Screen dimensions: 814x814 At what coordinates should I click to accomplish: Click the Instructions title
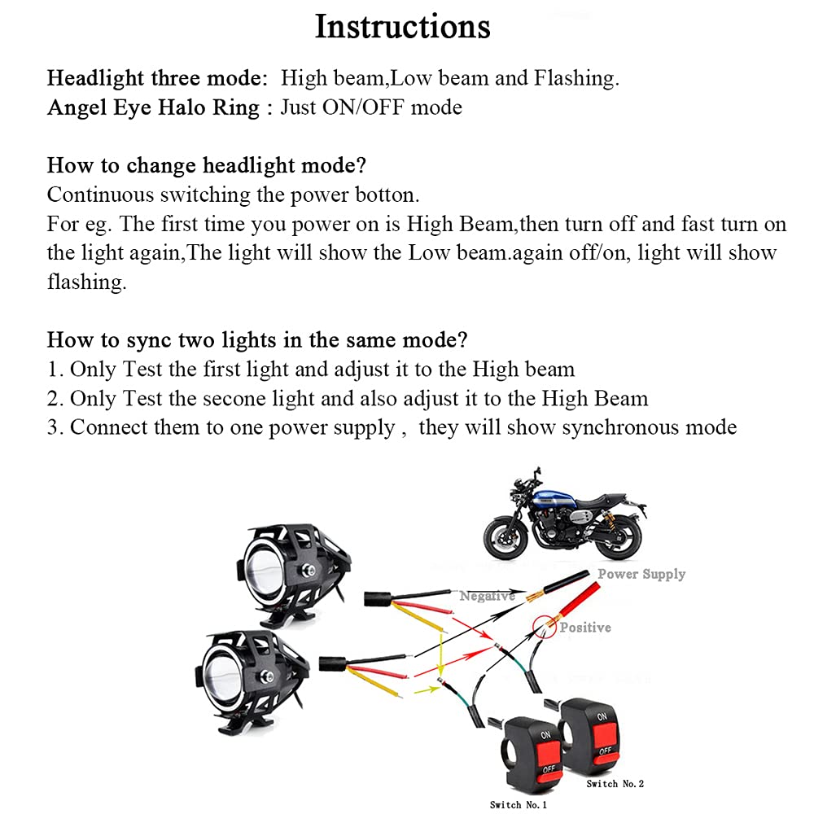402,27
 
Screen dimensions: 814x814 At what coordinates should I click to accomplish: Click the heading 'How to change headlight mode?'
207,165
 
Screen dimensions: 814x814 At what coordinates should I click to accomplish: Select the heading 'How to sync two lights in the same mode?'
257,339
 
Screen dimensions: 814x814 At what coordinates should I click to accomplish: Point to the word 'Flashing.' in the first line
576,78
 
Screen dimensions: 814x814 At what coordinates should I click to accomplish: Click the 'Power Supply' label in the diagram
641,574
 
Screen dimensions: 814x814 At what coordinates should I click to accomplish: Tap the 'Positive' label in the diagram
585,628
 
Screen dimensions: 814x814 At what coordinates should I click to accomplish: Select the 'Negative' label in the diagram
487,597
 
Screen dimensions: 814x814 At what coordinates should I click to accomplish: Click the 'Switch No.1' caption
518,804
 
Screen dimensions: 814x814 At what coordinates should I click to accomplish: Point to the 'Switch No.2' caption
615,783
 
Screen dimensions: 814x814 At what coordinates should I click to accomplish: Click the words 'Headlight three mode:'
157,78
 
